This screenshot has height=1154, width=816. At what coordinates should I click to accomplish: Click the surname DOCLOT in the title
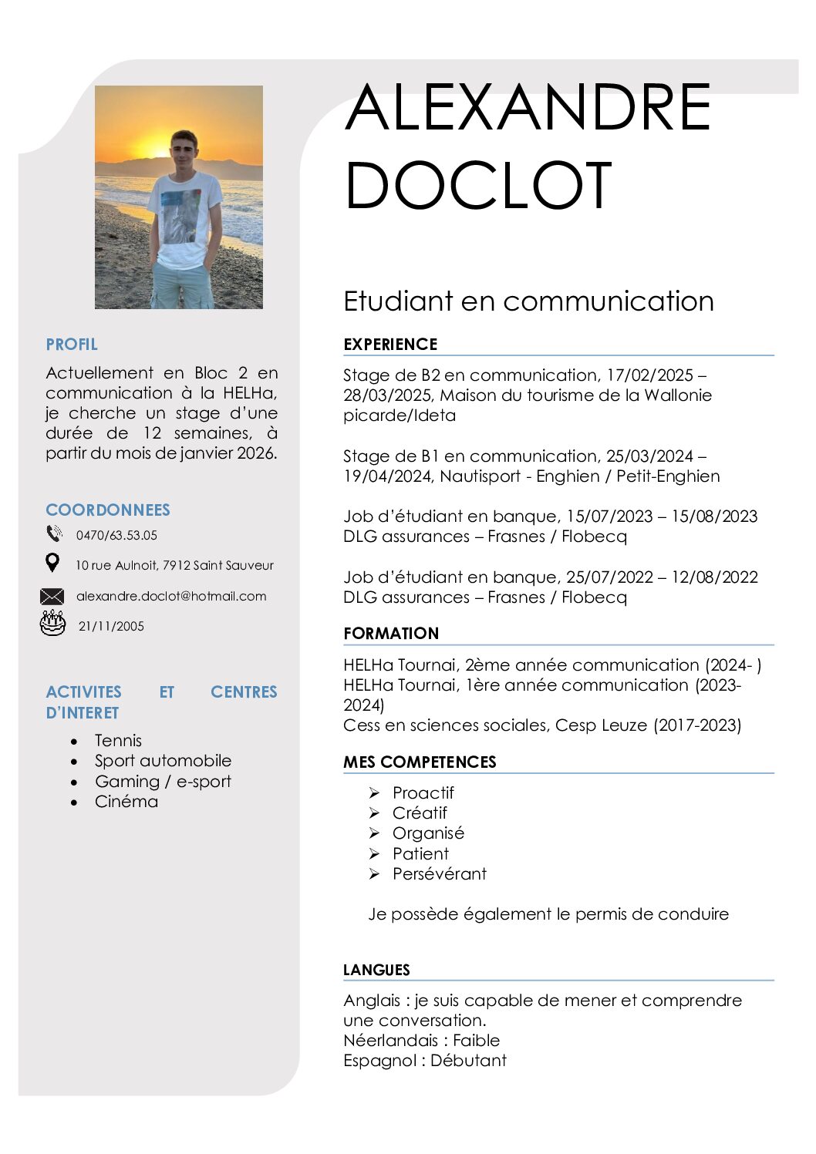[x=478, y=185]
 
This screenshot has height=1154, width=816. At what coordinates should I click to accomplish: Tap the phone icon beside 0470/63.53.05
[x=54, y=533]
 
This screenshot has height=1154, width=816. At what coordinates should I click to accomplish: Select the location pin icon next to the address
[x=52, y=564]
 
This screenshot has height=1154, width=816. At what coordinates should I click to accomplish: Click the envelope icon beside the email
[x=52, y=596]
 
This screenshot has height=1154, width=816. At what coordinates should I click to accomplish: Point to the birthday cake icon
[x=52, y=623]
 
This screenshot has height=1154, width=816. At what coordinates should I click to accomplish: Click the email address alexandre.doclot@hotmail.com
[x=171, y=596]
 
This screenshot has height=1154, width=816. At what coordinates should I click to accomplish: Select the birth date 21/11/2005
[x=111, y=626]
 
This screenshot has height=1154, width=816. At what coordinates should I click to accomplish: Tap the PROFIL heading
[x=72, y=345]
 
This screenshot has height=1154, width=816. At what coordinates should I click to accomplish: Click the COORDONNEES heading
[x=108, y=510]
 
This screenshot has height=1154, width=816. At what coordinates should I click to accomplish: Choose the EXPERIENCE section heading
[x=390, y=345]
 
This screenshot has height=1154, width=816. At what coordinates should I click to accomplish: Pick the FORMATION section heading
[x=391, y=634]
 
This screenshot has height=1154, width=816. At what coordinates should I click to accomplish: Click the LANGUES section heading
[x=376, y=970]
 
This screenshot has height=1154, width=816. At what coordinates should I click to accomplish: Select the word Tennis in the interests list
[x=118, y=740]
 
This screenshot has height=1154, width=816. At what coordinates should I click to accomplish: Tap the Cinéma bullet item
[x=126, y=802]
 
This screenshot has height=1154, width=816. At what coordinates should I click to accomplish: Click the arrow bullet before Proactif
[x=374, y=792]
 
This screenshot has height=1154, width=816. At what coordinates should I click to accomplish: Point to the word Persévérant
[x=440, y=873]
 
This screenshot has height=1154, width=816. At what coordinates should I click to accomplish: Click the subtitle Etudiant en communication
[x=528, y=301]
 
